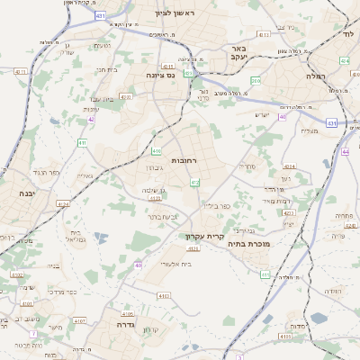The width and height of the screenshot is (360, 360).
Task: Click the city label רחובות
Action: (x=184, y=159)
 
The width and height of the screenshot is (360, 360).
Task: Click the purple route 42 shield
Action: (x=91, y=119)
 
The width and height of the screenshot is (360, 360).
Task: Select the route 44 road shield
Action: (x=346, y=151)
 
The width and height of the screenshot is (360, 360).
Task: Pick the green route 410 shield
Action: (x=157, y=151)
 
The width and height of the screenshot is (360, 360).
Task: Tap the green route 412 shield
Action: (x=195, y=183)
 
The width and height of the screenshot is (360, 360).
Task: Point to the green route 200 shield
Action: (x=256, y=81)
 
